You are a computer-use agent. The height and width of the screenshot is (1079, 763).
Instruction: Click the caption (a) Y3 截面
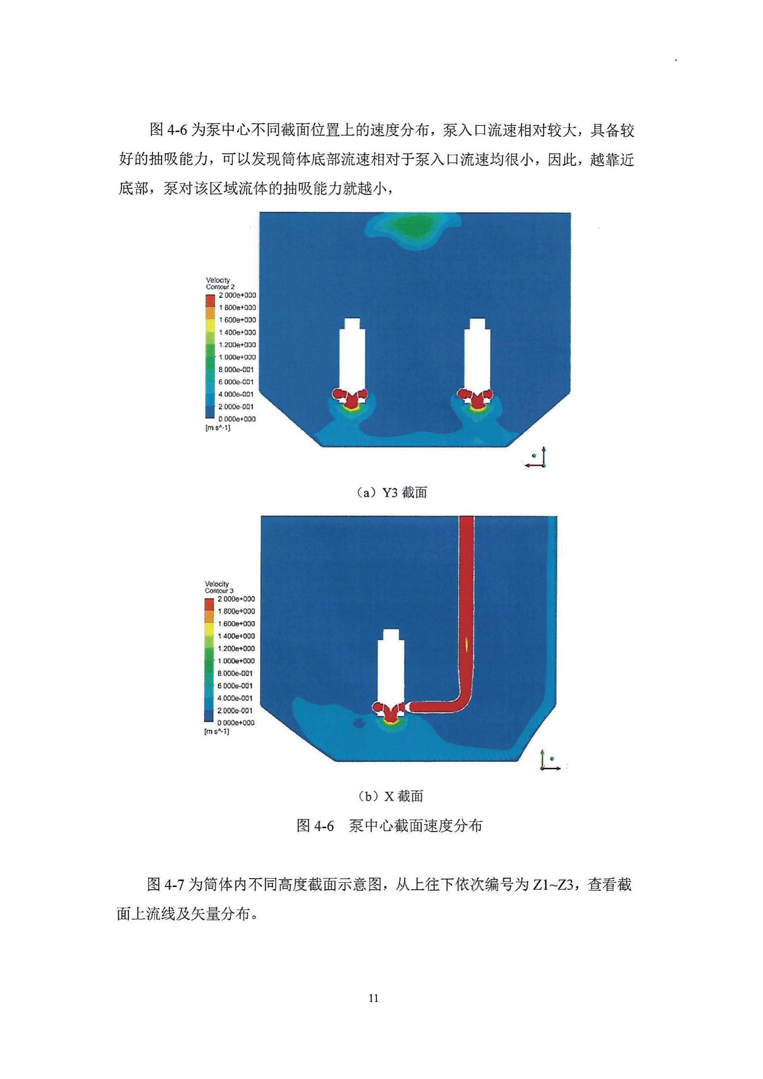391,493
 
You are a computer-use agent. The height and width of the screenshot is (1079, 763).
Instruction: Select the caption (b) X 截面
390,796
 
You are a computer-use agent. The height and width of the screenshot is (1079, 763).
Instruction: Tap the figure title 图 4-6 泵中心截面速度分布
389,826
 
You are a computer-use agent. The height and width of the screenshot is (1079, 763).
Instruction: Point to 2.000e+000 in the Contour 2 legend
237,295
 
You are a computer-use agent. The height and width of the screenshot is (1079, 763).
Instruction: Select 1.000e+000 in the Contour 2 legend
237,357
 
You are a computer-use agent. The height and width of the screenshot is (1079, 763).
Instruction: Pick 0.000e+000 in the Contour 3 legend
236,723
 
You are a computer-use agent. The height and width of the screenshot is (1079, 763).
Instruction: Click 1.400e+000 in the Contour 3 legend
236,636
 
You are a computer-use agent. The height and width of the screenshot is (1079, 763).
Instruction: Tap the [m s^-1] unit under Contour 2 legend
218,428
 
